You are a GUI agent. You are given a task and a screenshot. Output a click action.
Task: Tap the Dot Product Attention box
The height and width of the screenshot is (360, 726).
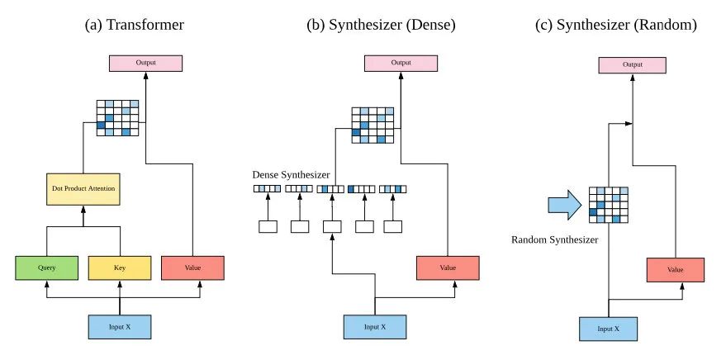(x=83, y=190)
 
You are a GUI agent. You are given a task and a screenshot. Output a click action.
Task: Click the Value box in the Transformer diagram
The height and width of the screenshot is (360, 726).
(x=192, y=268)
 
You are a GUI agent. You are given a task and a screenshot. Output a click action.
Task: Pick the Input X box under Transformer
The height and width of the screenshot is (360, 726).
(x=121, y=326)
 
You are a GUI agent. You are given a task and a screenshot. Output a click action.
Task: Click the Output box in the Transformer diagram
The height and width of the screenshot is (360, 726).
(x=145, y=63)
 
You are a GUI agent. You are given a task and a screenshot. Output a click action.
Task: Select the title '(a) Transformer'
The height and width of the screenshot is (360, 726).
(x=135, y=26)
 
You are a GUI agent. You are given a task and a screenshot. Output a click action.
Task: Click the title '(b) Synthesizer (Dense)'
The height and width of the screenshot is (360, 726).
(x=381, y=26)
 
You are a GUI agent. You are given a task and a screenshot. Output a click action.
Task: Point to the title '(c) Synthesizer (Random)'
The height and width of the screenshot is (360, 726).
(x=616, y=26)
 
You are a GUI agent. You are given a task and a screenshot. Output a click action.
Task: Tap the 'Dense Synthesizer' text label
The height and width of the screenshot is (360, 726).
(x=291, y=175)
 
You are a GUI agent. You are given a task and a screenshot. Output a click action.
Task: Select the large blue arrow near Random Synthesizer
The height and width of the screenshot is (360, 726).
(x=565, y=205)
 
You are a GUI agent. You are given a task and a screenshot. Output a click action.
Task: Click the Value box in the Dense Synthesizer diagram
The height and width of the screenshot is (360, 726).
(x=447, y=268)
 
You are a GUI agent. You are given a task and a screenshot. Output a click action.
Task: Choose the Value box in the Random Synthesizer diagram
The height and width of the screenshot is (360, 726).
(x=675, y=270)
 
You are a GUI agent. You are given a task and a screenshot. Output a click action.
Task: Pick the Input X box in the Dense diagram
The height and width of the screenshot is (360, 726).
(x=375, y=326)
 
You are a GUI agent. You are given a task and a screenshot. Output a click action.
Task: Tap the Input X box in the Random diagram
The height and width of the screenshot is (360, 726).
(x=608, y=328)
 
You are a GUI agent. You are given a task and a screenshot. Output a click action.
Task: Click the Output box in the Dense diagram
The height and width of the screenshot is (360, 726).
(x=401, y=63)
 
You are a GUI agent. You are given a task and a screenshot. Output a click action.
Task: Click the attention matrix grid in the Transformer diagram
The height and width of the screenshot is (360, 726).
(x=117, y=118)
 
